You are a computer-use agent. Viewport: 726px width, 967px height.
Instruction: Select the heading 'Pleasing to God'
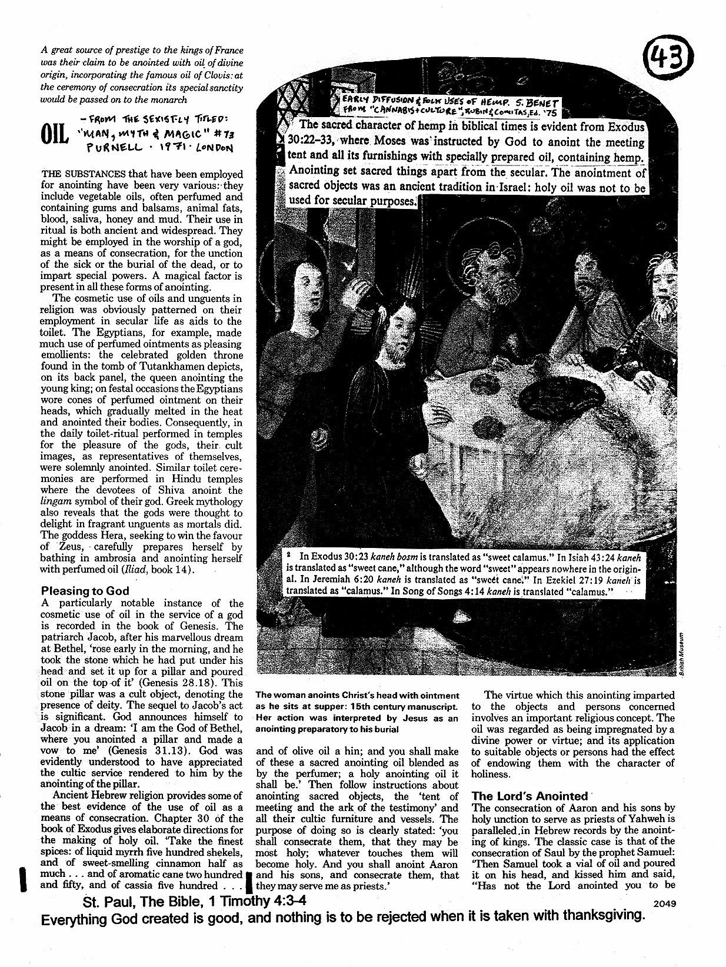(x=85, y=590)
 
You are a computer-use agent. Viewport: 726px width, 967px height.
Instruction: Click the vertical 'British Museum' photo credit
(x=679, y=653)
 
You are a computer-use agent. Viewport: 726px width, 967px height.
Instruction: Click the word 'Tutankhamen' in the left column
(x=162, y=367)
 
